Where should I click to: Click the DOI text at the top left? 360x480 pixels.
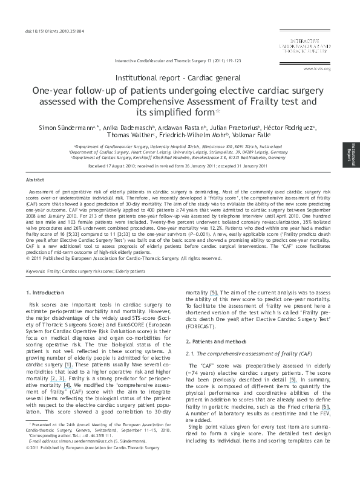tap(45, 31)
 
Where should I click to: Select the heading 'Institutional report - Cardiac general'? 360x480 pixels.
tap(179, 79)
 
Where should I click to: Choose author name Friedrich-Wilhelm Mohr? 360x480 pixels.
tap(191, 138)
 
